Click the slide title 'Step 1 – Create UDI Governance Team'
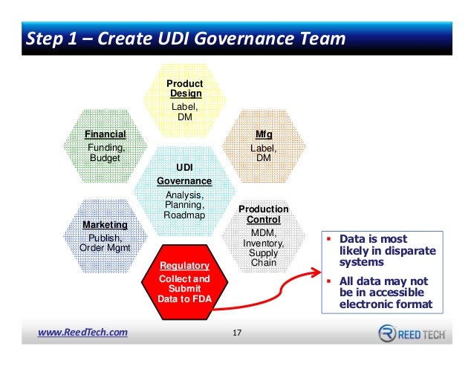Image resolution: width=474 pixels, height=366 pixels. tap(186, 38)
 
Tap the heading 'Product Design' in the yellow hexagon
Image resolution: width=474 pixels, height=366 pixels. tap(185, 88)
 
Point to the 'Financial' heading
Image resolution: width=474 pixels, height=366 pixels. tap(105, 134)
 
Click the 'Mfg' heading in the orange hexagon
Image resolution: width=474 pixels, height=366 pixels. tap(264, 134)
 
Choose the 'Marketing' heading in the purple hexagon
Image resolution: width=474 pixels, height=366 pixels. tap(105, 224)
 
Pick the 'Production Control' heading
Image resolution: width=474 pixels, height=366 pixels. tap(263, 215)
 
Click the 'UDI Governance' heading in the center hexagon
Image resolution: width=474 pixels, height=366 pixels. tap(184, 175)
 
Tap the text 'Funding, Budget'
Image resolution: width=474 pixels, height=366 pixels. tap(105, 153)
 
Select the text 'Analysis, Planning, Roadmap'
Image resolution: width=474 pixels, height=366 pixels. tap(184, 205)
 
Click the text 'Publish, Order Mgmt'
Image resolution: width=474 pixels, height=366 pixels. tap(105, 242)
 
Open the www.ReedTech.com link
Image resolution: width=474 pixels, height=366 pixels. tap(83, 332)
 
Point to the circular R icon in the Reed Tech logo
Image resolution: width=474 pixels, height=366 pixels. tap(387, 333)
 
